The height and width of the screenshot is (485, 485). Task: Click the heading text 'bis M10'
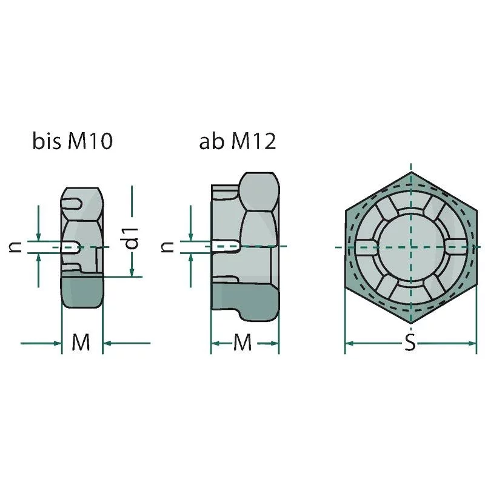click(x=73, y=141)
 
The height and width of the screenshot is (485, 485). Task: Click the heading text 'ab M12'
click(x=237, y=141)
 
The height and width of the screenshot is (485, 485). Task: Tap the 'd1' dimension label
click(x=131, y=238)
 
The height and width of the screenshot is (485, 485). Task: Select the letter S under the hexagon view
click(x=410, y=343)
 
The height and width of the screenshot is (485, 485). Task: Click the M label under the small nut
click(x=81, y=343)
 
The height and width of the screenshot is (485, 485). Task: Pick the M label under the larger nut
click(x=242, y=343)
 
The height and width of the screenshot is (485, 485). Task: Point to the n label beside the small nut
click(x=15, y=247)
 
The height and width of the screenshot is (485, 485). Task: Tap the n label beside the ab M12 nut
click(x=167, y=247)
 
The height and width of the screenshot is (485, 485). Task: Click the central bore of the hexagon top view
click(x=411, y=247)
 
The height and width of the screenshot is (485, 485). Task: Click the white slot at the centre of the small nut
click(x=71, y=247)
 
